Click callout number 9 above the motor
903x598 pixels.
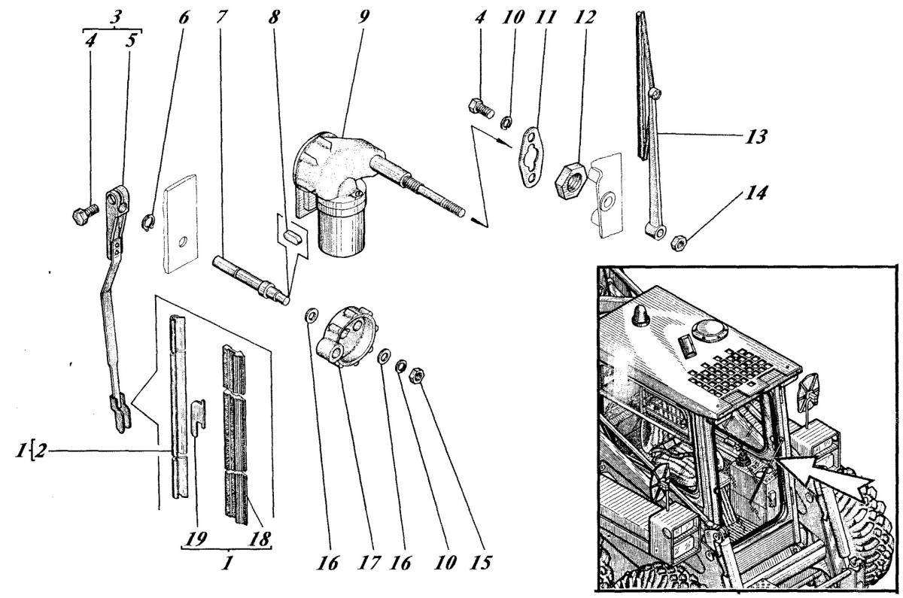(x=363, y=17)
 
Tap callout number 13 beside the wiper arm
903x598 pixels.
(x=756, y=137)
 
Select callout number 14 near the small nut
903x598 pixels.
(x=756, y=193)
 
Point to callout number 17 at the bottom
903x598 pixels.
(x=369, y=563)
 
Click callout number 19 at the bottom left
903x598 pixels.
(x=197, y=539)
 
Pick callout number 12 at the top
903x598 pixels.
(x=585, y=17)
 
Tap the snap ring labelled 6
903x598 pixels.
(x=149, y=223)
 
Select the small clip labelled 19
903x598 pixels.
(x=198, y=417)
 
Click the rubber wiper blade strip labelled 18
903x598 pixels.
(x=235, y=435)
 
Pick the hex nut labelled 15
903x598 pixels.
(x=415, y=375)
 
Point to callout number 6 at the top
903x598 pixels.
(x=184, y=17)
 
